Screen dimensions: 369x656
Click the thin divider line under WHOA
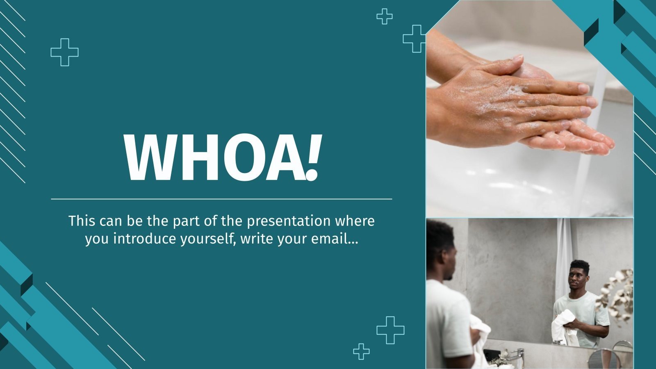(x=221, y=199)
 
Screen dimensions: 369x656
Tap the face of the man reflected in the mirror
(x=578, y=279)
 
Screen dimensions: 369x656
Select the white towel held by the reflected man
(x=565, y=326)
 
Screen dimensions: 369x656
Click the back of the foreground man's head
(x=435, y=246)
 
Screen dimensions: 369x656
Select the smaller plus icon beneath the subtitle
(x=361, y=351)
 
